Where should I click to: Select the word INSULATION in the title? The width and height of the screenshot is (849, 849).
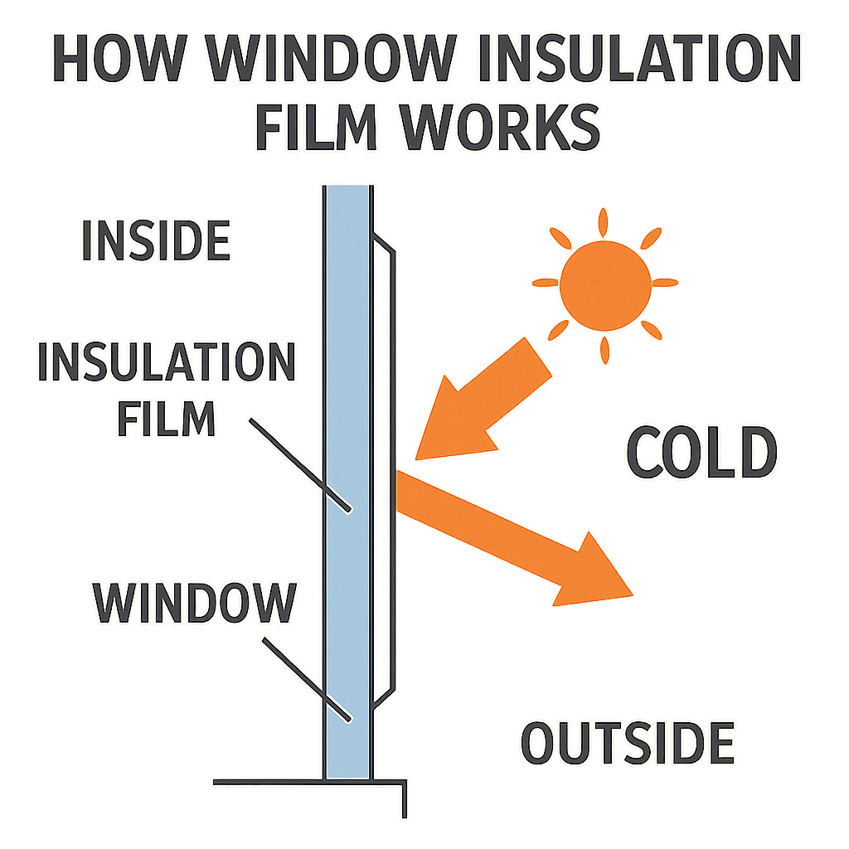tap(638, 61)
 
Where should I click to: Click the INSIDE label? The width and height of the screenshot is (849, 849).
tap(155, 240)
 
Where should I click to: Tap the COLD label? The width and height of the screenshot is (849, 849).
tap(701, 453)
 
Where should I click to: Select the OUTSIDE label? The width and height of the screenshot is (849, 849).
tap(628, 742)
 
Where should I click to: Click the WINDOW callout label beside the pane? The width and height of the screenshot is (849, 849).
tap(194, 603)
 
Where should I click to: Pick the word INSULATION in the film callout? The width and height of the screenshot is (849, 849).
tap(166, 361)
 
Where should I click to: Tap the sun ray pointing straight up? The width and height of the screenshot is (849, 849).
tap(604, 222)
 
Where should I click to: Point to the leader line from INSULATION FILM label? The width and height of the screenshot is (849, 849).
tap(298, 464)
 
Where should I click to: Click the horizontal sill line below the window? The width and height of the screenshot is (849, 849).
tap(307, 781)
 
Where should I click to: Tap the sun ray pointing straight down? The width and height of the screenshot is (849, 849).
tap(604, 348)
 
